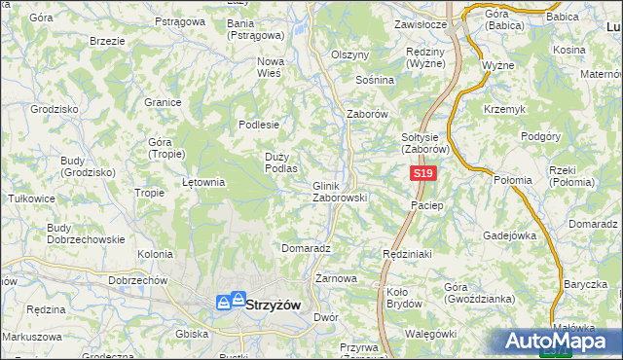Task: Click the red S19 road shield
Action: tap(421, 173)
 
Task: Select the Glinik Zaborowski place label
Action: tap(339, 192)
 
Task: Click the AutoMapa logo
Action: tap(558, 342)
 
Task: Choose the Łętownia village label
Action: tap(204, 181)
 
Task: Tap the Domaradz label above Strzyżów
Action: tap(307, 248)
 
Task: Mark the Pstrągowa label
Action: tap(180, 20)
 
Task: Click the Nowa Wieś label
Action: tap(269, 67)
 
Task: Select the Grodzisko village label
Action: tap(55, 109)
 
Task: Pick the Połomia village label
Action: tap(513, 180)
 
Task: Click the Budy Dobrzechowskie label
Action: tap(86, 234)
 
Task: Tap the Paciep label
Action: tap(427, 205)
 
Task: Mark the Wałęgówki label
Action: tap(429, 334)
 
